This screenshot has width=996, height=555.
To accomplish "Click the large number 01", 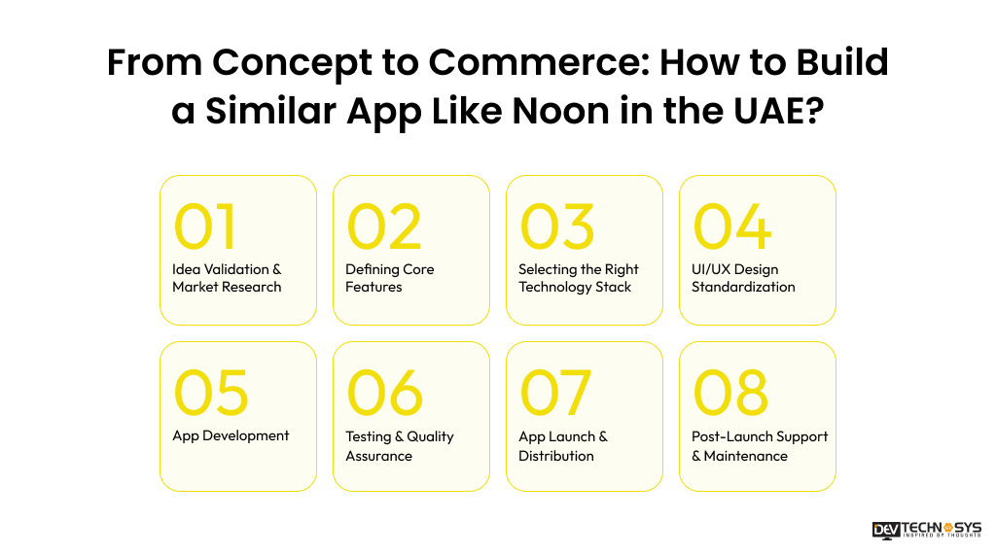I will click(x=204, y=227).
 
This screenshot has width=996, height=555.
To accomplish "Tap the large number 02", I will click(x=384, y=227).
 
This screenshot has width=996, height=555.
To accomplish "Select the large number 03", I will click(x=556, y=227).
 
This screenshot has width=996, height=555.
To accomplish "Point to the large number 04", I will click(x=731, y=227).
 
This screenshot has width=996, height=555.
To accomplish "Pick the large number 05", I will click(x=211, y=393).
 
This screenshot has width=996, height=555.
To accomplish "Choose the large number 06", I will click(x=385, y=393).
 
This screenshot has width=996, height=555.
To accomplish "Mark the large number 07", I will click(x=555, y=393).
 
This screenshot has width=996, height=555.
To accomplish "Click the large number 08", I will click(x=730, y=393).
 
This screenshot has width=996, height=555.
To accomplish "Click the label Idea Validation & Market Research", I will click(x=227, y=278).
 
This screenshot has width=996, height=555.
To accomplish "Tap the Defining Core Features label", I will click(x=389, y=278).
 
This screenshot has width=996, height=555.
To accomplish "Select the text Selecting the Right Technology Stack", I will click(x=578, y=278).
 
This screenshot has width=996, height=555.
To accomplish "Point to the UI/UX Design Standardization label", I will click(x=743, y=278).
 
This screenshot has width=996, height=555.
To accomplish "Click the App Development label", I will click(x=231, y=435).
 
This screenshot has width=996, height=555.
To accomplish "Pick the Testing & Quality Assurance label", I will click(x=399, y=446).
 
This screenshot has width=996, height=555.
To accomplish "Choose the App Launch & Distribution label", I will click(x=562, y=446).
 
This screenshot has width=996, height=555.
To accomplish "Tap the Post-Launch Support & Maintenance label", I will click(x=760, y=446).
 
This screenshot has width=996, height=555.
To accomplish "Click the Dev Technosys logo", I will click(x=927, y=530).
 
